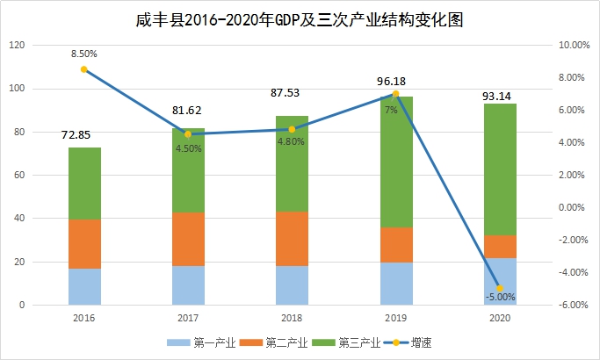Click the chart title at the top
coord(300,18)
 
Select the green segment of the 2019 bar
coord(396,167)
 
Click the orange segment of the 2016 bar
coord(84,243)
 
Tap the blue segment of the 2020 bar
coord(500,281)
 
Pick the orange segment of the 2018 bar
coord(292,238)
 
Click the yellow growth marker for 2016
coord(83,69)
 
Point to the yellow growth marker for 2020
coord(500,288)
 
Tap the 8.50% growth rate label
coord(83,54)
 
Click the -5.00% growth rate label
coord(500,297)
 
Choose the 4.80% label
coord(292,141)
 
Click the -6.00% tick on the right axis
coord(574,306)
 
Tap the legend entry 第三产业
coord(355,342)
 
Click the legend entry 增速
coord(427,342)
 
